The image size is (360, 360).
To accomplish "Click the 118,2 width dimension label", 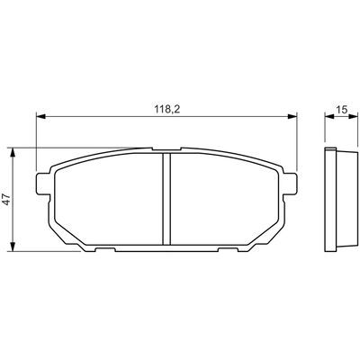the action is click(167, 110).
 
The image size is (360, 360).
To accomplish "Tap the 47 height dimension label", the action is click(7, 200).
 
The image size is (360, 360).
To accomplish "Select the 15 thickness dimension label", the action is click(342, 110).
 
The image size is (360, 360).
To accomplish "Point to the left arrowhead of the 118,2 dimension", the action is click(40, 117).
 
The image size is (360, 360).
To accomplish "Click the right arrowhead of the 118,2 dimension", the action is click(292, 117).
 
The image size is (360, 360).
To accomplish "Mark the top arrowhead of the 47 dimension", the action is click(13, 153).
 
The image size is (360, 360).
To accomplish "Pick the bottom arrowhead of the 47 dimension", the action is click(13, 247).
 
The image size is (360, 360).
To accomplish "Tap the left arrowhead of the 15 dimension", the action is click(329, 117).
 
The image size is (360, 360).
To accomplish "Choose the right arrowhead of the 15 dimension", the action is click(354, 117).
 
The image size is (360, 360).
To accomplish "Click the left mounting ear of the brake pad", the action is click(42, 184).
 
